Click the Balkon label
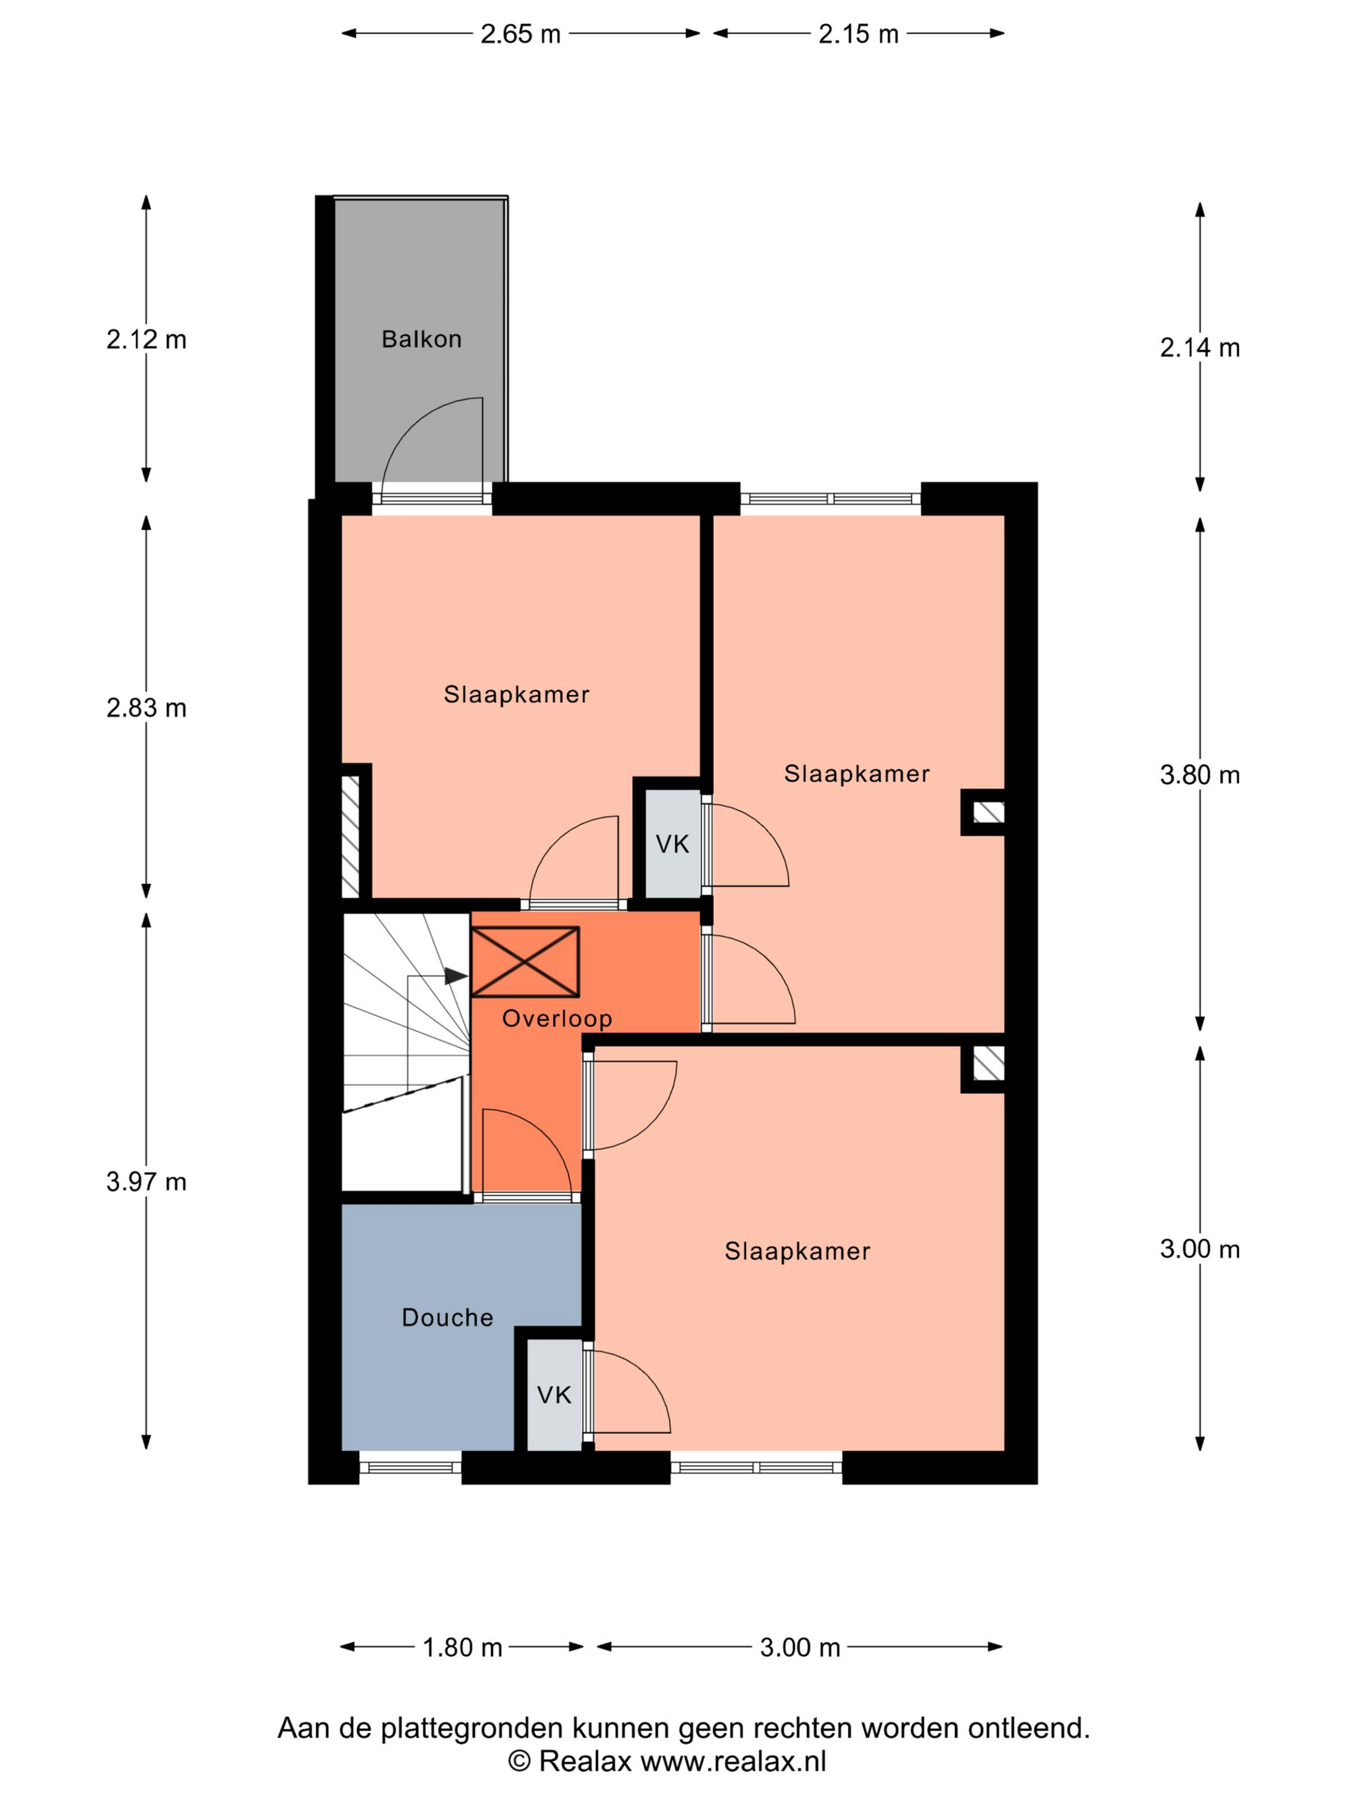tap(421, 338)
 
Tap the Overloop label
tap(556, 1019)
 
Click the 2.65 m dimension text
tap(520, 34)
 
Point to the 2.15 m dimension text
tap(858, 34)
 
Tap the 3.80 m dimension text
tap(1199, 775)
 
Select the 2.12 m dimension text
tap(146, 339)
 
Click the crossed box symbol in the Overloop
tap(525, 962)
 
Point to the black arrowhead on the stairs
tap(456, 976)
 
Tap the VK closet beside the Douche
tap(554, 1394)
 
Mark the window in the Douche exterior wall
tap(410, 1466)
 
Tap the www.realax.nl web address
tap(733, 1761)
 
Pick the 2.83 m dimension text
tap(146, 708)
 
